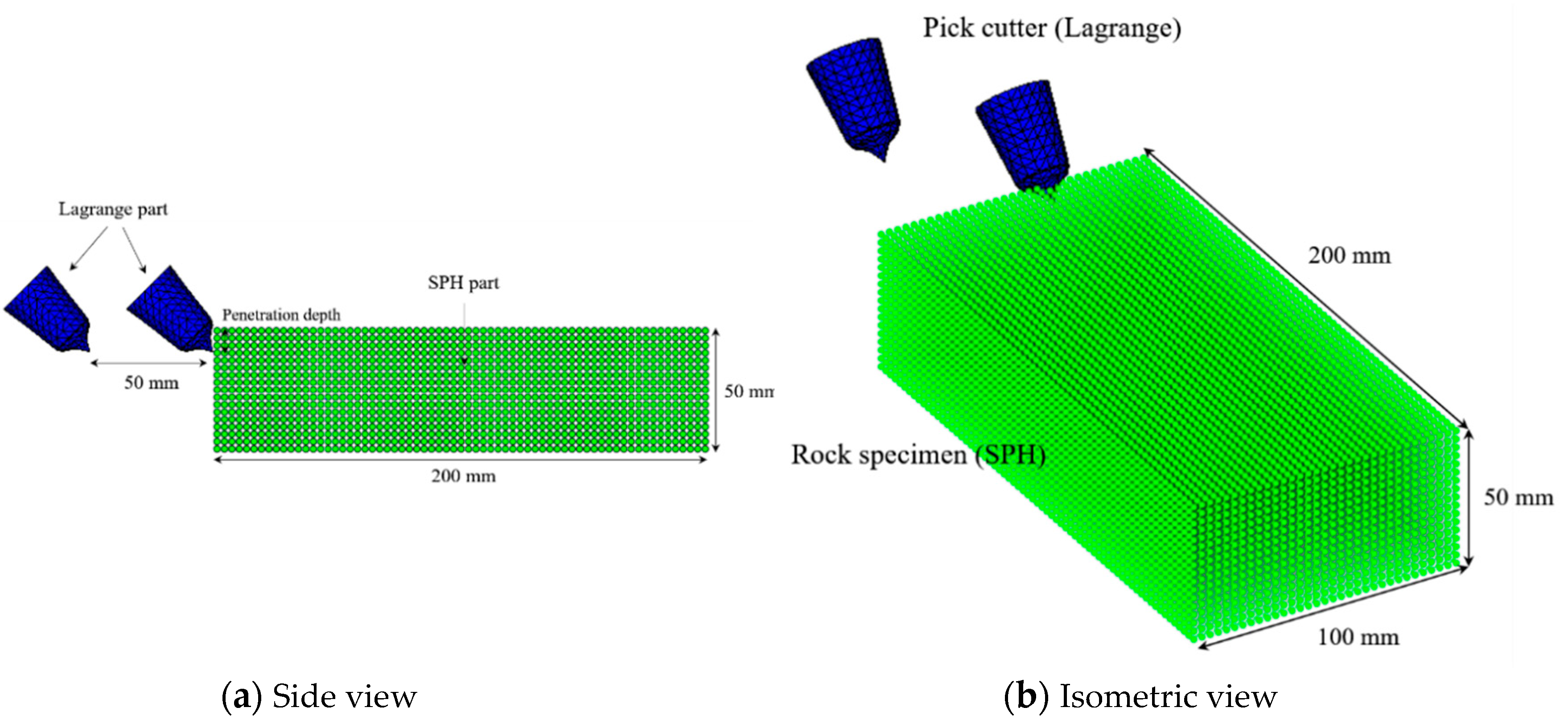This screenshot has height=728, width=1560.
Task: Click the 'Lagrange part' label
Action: (113, 210)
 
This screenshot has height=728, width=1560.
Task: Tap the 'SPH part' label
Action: (463, 283)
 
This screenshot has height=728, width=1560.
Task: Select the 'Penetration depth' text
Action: (281, 315)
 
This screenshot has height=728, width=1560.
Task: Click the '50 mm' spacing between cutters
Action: (152, 383)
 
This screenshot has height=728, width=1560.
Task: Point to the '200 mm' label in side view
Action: (463, 476)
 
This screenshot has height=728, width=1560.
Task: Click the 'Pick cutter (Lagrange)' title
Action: (1052, 29)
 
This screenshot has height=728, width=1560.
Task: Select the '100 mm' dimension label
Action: (1358, 637)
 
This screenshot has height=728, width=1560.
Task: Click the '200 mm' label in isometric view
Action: (1349, 255)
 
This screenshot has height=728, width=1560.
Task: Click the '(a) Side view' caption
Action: (319, 696)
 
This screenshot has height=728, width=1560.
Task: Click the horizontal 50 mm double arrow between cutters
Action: (149, 363)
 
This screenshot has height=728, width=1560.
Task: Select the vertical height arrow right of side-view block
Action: (716, 390)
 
